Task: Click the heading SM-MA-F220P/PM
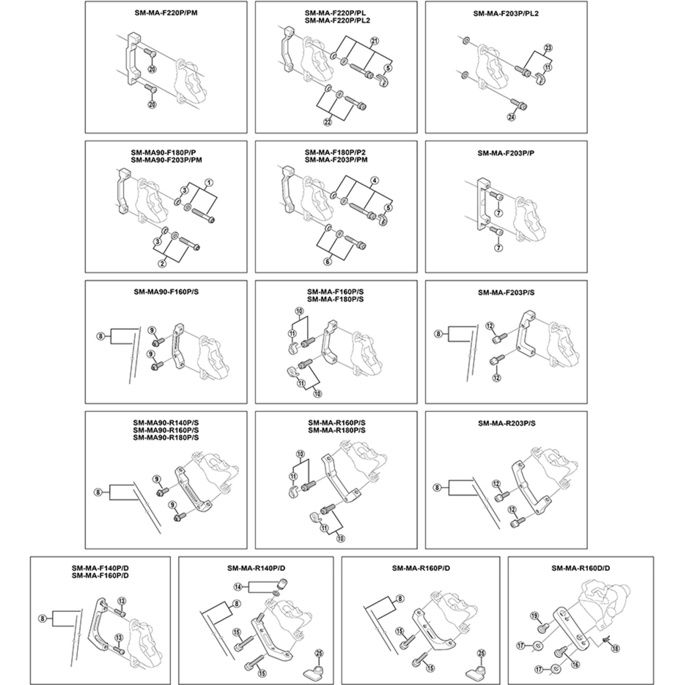pos(166,13)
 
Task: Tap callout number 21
pos(374,41)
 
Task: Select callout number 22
pos(328,122)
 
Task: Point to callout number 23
pos(548,48)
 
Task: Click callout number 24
pos(511,117)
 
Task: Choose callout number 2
pos(162,263)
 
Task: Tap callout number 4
pos(374,180)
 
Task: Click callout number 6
pos(328,262)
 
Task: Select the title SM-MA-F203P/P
pos(506,153)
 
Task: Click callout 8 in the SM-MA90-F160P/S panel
pos(101,336)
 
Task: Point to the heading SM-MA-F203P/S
pos(506,292)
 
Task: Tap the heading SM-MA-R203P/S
pos(506,423)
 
